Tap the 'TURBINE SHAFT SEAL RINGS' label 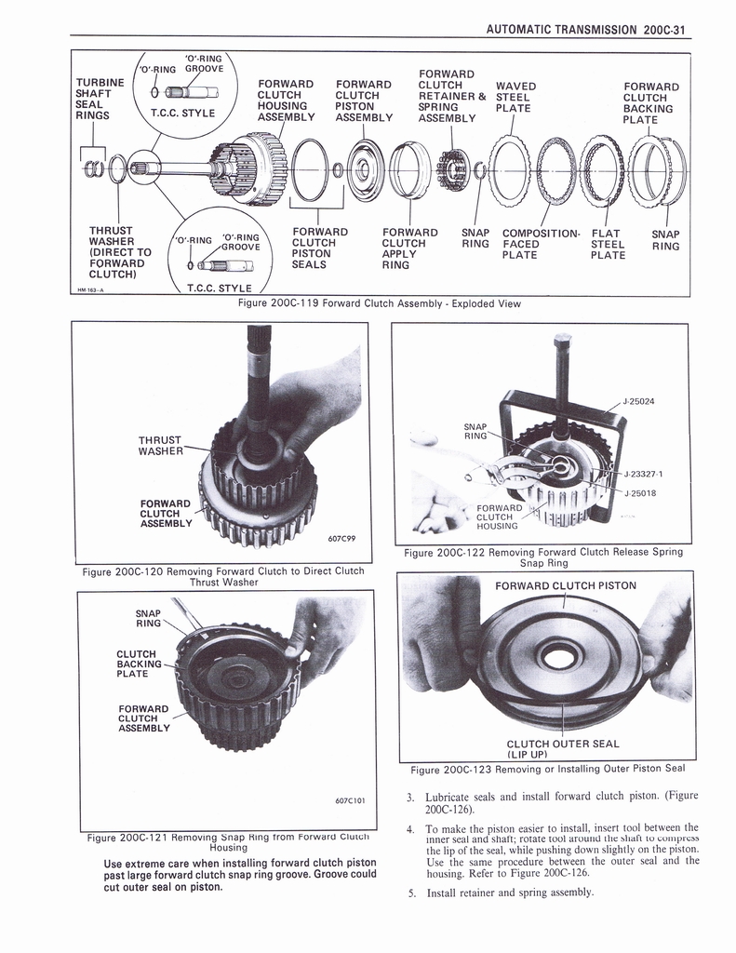point(99,99)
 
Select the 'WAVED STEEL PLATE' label point(513,97)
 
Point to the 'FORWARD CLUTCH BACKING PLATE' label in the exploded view point(650,103)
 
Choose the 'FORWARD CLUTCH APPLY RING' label point(409,248)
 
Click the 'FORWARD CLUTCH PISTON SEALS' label point(319,248)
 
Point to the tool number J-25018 point(642,492)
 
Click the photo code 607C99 point(341,538)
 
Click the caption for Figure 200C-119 point(380,302)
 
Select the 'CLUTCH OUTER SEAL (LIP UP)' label point(562,748)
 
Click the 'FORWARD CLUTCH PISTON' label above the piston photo point(565,585)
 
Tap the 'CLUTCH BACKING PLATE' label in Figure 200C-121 point(136,664)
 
